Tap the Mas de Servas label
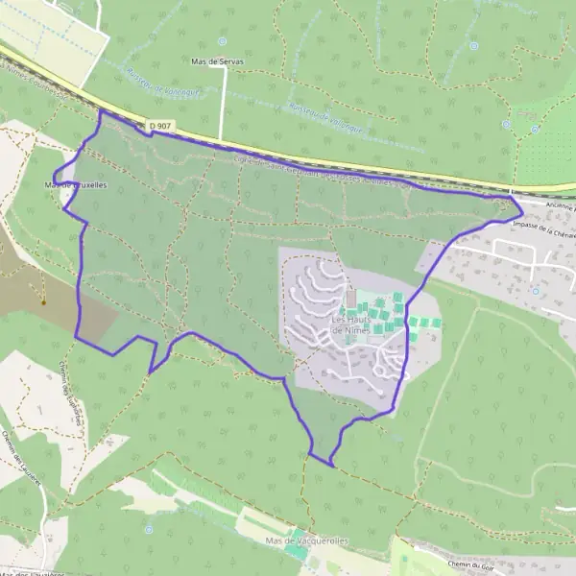218,60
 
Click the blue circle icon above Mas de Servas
221,41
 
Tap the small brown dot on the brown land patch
43,301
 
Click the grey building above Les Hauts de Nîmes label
350,300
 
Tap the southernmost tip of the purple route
331,467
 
